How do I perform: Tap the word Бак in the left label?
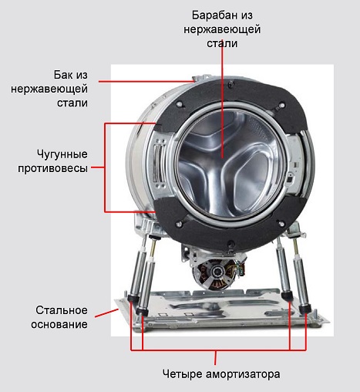[63, 75]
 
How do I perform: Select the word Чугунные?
[62, 154]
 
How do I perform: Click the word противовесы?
[52, 168]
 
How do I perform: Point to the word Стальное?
[62, 310]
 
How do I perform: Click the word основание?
[59, 324]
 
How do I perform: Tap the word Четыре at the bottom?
[183, 373]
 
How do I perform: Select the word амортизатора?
[243, 374]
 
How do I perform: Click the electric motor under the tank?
[215, 272]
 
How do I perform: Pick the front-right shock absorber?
[301, 276]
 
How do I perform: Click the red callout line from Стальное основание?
[106, 313]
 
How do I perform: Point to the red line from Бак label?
[146, 82]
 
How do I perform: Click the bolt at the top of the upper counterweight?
[232, 84]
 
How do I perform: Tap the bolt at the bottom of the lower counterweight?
[230, 243]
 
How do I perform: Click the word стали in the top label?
[222, 43]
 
